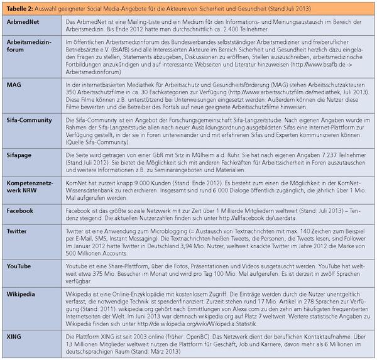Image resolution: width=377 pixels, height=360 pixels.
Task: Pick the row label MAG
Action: pos(14,84)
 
